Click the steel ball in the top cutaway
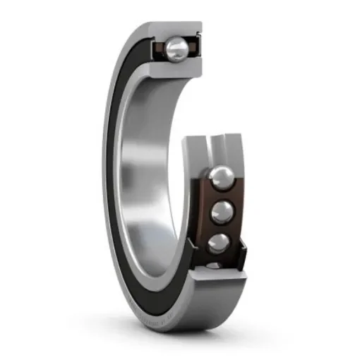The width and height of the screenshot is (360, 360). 177,48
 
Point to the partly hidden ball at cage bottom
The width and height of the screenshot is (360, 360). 214,266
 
